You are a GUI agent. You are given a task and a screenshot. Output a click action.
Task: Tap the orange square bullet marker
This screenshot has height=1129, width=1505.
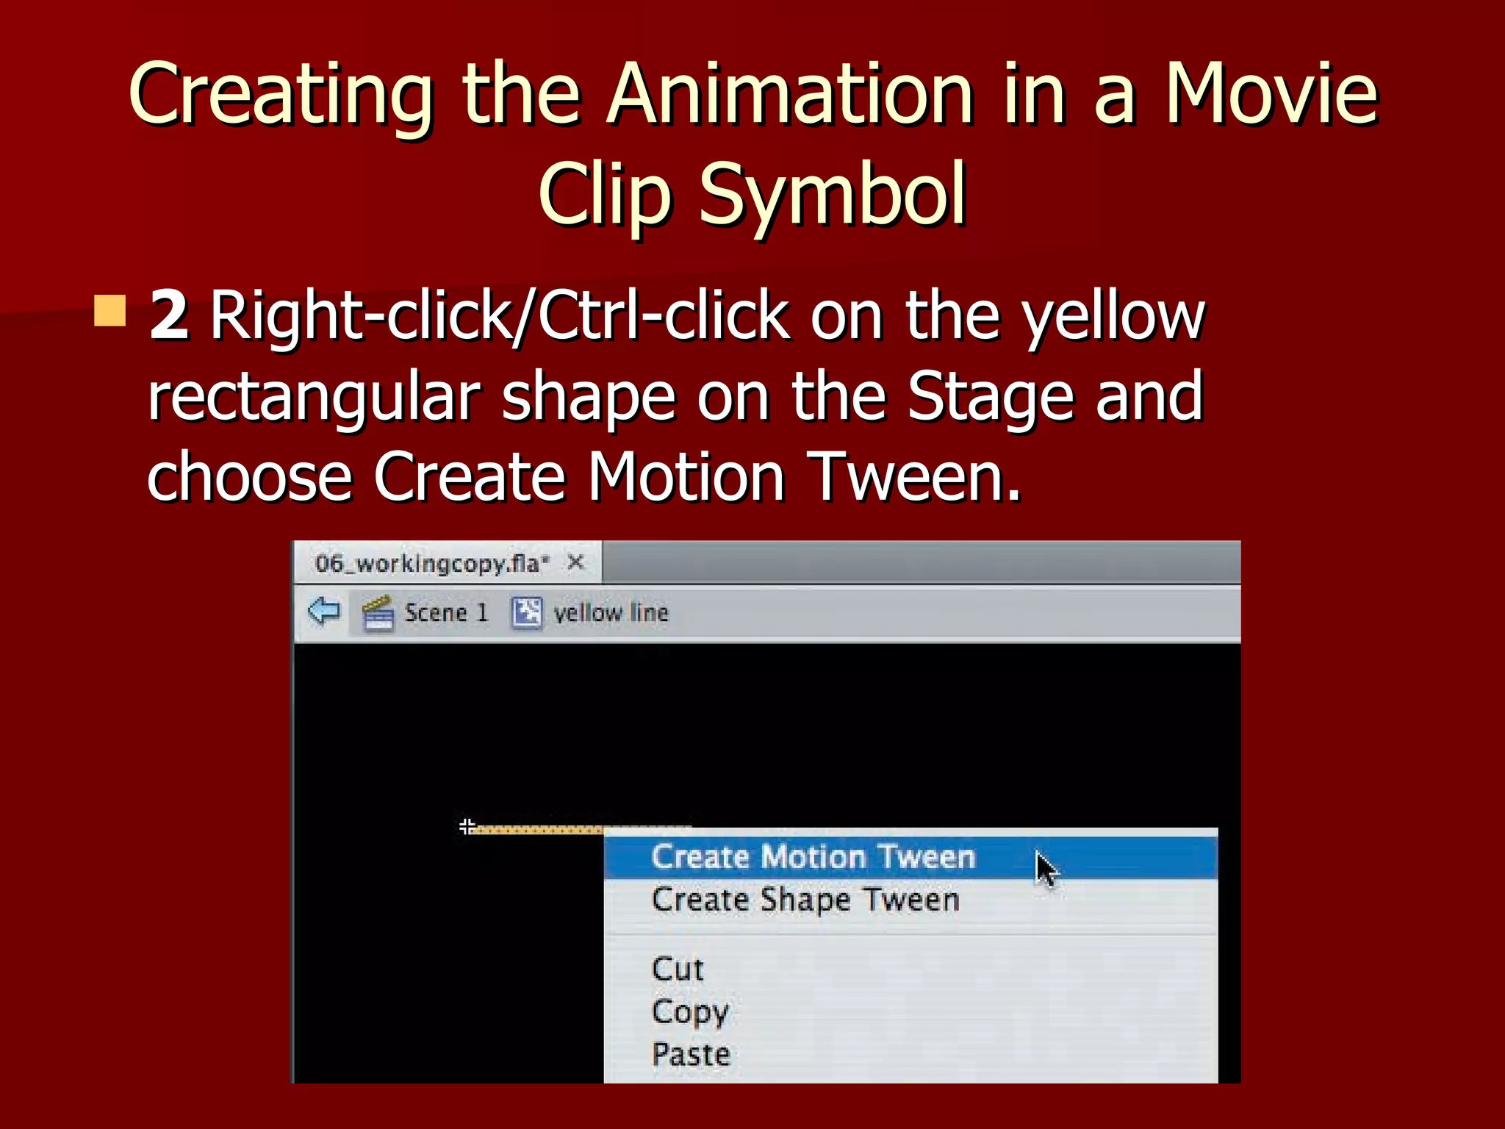(x=110, y=311)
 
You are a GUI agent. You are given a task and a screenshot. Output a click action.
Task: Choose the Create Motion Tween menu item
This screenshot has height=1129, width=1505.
(x=813, y=857)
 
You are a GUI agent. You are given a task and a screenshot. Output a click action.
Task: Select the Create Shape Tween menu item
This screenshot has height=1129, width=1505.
(x=805, y=900)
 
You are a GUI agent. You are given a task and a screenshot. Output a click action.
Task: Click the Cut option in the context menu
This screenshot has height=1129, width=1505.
(x=678, y=969)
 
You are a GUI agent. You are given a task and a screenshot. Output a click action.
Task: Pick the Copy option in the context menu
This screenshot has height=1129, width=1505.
(x=689, y=1012)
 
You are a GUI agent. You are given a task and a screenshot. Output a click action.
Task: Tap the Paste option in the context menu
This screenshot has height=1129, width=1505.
(x=691, y=1055)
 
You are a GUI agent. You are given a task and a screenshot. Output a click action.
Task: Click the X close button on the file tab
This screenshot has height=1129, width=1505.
(x=576, y=563)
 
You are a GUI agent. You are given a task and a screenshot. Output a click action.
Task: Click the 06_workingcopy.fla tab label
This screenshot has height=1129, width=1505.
(x=431, y=564)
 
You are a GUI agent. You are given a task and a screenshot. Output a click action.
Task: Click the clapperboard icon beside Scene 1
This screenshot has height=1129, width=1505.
(x=378, y=613)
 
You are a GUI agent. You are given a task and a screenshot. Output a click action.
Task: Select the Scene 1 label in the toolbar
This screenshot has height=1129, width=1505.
(x=446, y=613)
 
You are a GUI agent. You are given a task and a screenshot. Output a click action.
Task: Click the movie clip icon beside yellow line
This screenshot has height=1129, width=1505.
(x=526, y=612)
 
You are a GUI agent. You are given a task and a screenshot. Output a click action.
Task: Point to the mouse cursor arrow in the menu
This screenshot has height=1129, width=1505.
(x=1046, y=870)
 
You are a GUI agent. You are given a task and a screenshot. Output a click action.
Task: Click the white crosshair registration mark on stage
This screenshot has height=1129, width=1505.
(x=467, y=826)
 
